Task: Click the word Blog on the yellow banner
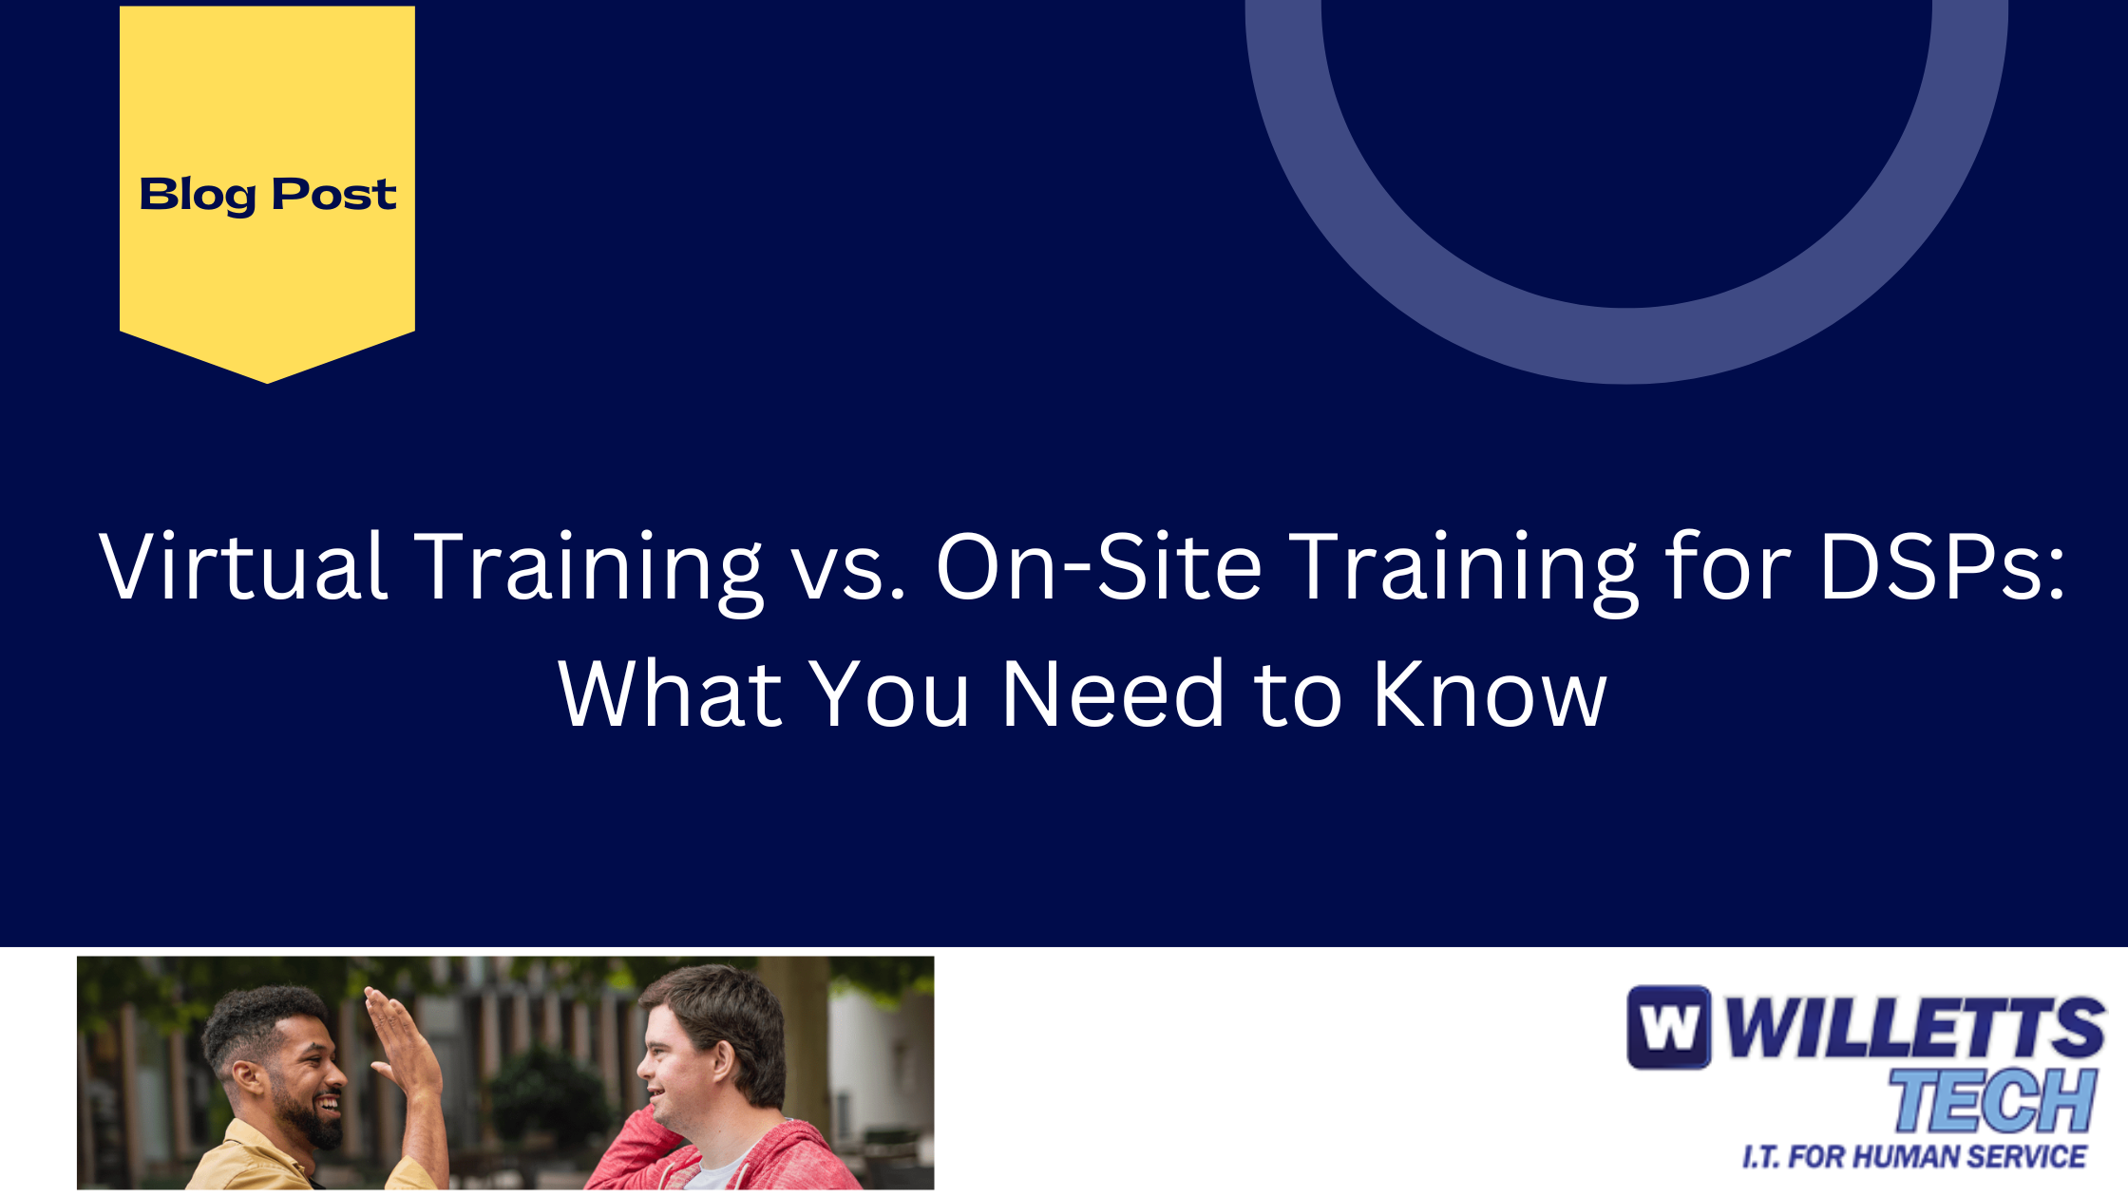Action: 198,196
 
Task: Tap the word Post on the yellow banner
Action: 334,194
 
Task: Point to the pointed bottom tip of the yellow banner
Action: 267,383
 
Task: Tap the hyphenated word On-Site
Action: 1099,566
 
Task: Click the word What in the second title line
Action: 671,694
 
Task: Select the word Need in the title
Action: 1113,694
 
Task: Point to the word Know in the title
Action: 1490,694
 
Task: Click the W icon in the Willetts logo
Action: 1669,1027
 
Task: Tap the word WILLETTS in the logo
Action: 1914,1027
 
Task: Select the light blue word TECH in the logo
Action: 1992,1100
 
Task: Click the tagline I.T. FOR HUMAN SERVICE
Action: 1914,1156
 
